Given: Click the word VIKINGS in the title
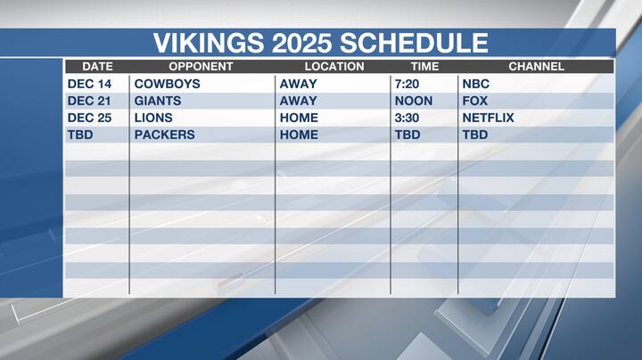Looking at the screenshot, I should [209, 43].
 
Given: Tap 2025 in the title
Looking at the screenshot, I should [303, 43].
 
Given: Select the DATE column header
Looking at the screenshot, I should [97, 67].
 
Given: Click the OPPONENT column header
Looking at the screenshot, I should [201, 67].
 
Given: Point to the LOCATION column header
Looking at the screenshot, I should [334, 67].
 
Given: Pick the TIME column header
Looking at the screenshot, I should [424, 67].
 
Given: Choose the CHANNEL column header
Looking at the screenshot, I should [536, 67].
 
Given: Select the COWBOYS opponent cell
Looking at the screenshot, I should [167, 84].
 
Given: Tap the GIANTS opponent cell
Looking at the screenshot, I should [158, 101].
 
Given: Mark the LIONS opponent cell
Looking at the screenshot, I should [153, 118].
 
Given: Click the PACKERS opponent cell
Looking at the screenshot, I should [164, 135].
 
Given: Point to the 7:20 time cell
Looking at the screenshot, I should [407, 84].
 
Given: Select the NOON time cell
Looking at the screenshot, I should [413, 101].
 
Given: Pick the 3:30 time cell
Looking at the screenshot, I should [407, 118].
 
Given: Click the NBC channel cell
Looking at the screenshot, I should [475, 84].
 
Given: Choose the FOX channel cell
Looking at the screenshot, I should [474, 101].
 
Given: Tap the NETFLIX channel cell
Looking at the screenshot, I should [488, 118].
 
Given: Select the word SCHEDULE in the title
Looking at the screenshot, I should [418, 43].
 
